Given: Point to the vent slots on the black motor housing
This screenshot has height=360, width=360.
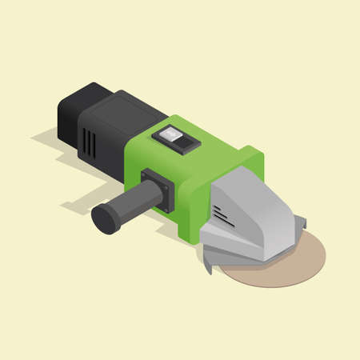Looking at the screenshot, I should tap(89, 143).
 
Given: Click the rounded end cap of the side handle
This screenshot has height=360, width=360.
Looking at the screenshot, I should tap(105, 218).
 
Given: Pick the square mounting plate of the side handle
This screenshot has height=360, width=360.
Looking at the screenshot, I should tap(157, 189).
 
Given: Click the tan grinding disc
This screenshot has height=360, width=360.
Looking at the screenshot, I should tap(276, 264).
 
